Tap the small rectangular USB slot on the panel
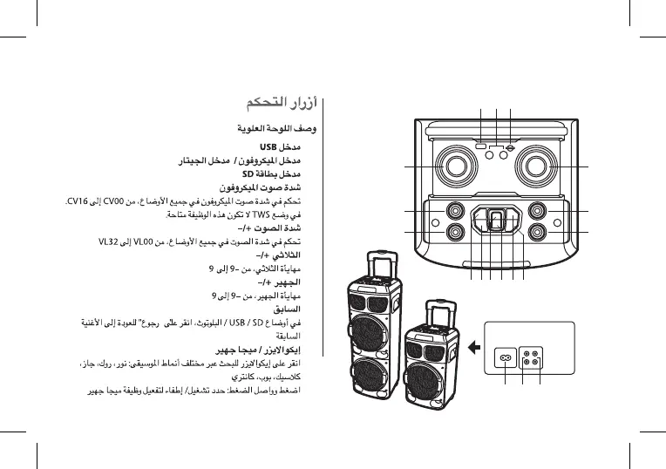click(481, 147)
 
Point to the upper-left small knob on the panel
click(454, 211)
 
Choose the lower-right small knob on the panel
click(538, 233)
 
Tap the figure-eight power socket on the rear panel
click(504, 357)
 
